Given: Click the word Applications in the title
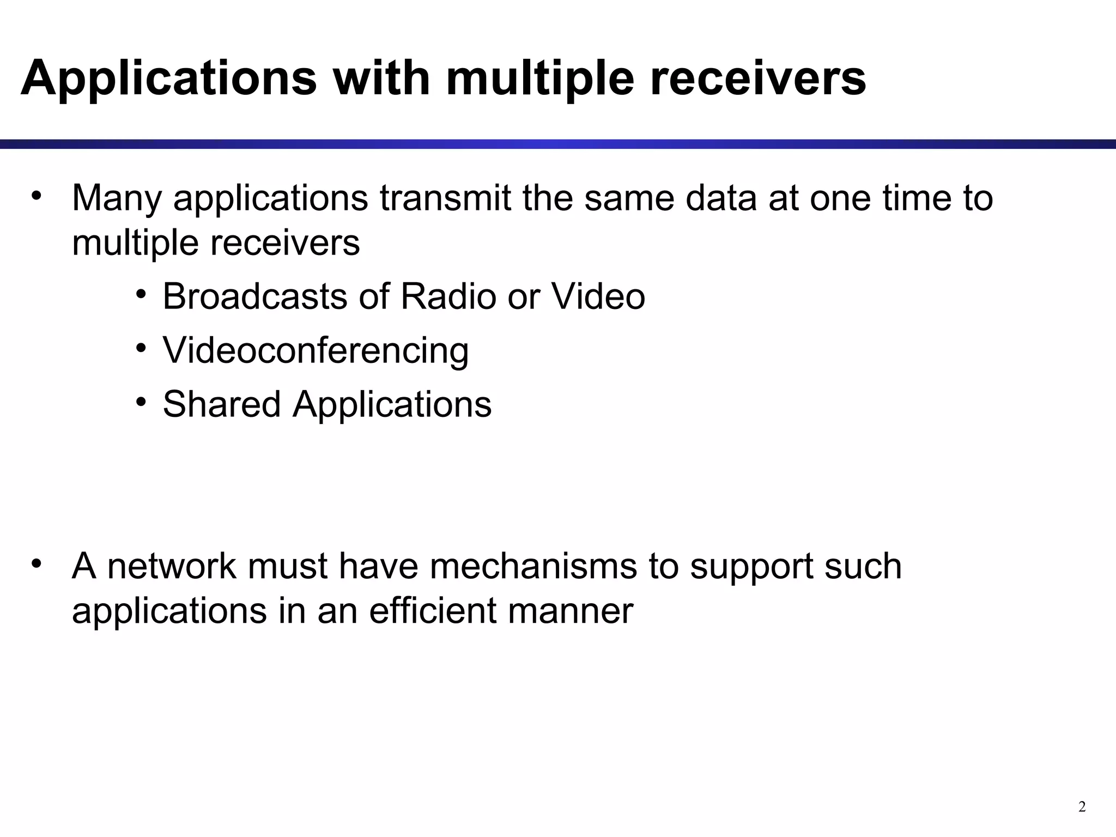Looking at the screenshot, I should [168, 78].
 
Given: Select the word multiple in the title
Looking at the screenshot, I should [540, 78].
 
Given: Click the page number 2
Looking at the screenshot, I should [1082, 807].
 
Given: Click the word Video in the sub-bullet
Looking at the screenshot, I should [598, 296].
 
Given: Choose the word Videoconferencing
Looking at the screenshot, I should [316, 350].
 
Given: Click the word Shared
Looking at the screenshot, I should [221, 404].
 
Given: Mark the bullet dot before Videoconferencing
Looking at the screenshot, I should [142, 348].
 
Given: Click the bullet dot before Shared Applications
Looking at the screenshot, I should [142, 402].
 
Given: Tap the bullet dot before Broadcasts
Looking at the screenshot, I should [142, 294].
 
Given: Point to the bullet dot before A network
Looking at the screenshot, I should [37, 563].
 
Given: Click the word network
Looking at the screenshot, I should [172, 566].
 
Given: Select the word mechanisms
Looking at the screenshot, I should [533, 566].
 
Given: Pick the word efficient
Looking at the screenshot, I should [433, 610].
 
